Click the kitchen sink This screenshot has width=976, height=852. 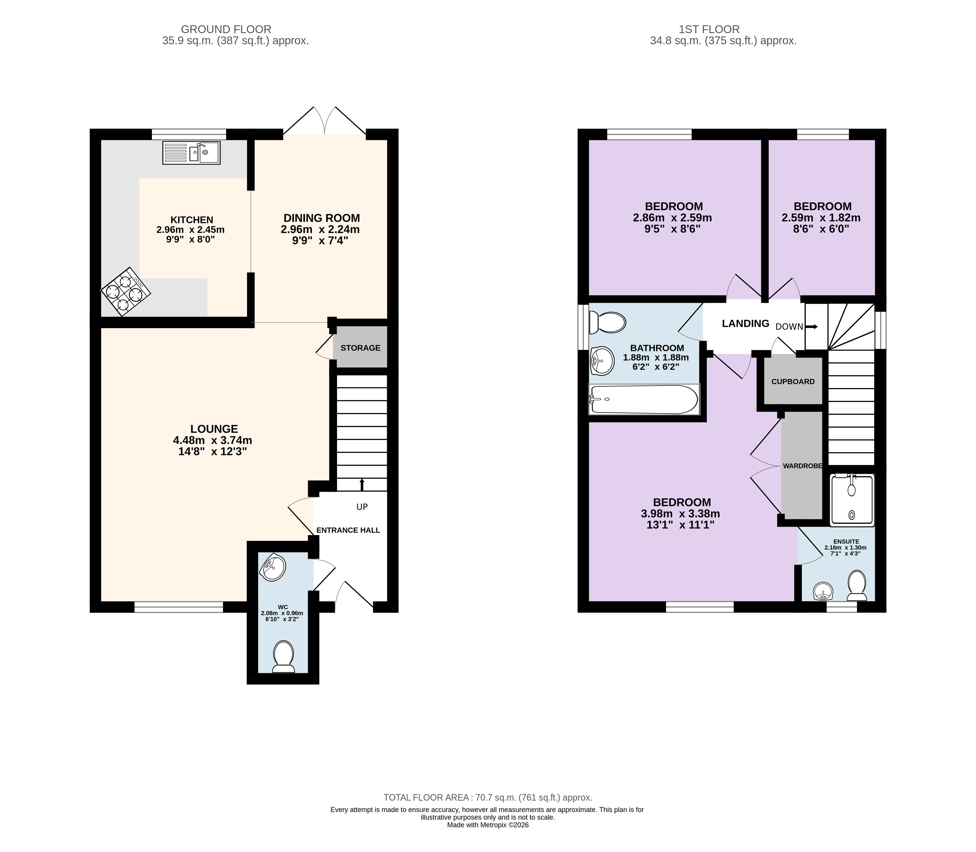pyautogui.click(x=191, y=153)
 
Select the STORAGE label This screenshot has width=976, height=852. pyautogui.click(x=360, y=348)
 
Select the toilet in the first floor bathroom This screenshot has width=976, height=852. pyautogui.click(x=607, y=322)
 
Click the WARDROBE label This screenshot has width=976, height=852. pyautogui.click(x=802, y=466)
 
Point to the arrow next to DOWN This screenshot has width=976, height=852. pyautogui.click(x=812, y=326)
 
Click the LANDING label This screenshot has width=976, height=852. pyautogui.click(x=746, y=324)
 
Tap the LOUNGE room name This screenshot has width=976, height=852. pyautogui.click(x=214, y=429)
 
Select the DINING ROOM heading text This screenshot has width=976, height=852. pyautogui.click(x=322, y=218)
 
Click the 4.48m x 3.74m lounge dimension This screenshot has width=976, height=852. pyautogui.click(x=213, y=440)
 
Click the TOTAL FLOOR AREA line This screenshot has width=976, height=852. pyautogui.click(x=488, y=798)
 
